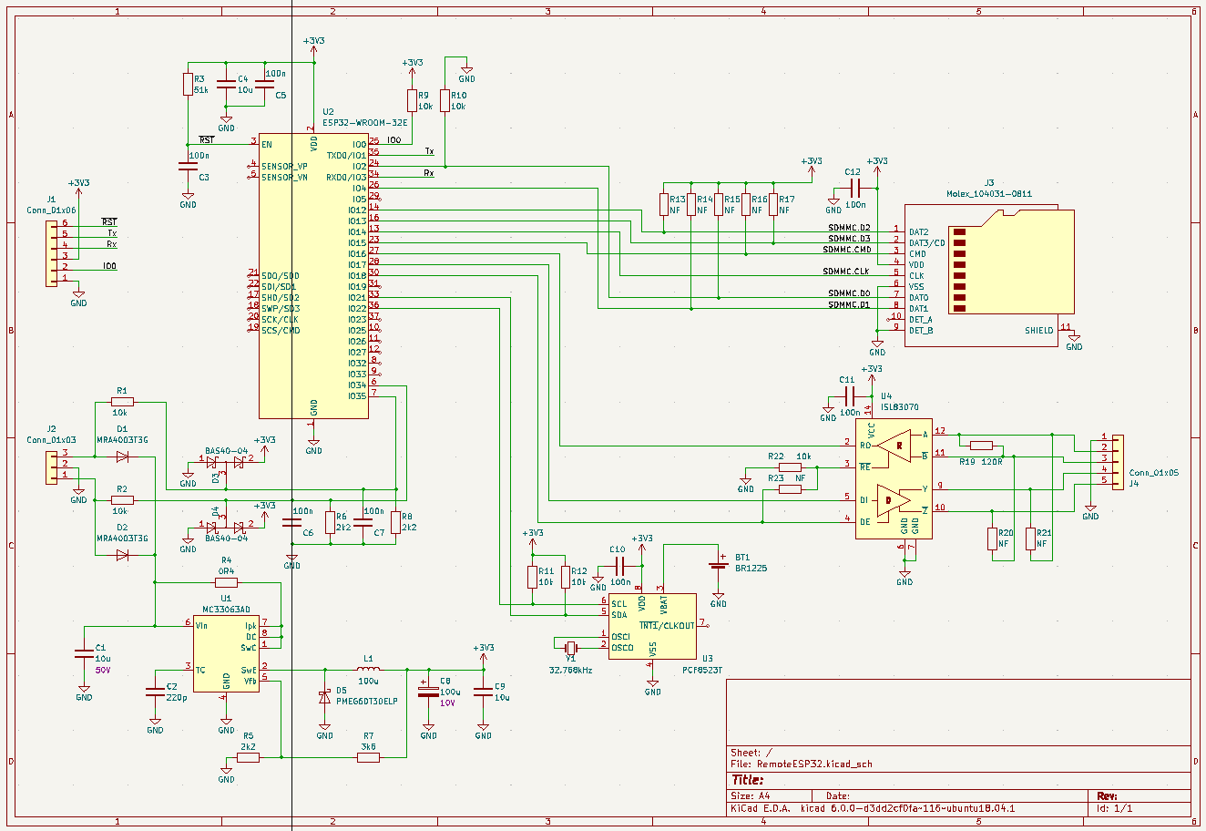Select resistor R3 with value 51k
[188, 85]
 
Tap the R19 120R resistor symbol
[981, 446]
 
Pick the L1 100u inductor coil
[368, 670]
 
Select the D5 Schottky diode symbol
[324, 696]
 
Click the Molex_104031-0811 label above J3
[988, 194]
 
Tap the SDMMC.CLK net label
[846, 272]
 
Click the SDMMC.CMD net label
[846, 250]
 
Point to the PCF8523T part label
[701, 670]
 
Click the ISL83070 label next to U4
[899, 407]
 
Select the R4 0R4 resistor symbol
[226, 582]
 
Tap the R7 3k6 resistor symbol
[368, 757]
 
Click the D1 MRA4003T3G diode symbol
[122, 457]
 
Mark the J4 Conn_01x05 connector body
[1114, 458]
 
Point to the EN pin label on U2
[266, 145]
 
